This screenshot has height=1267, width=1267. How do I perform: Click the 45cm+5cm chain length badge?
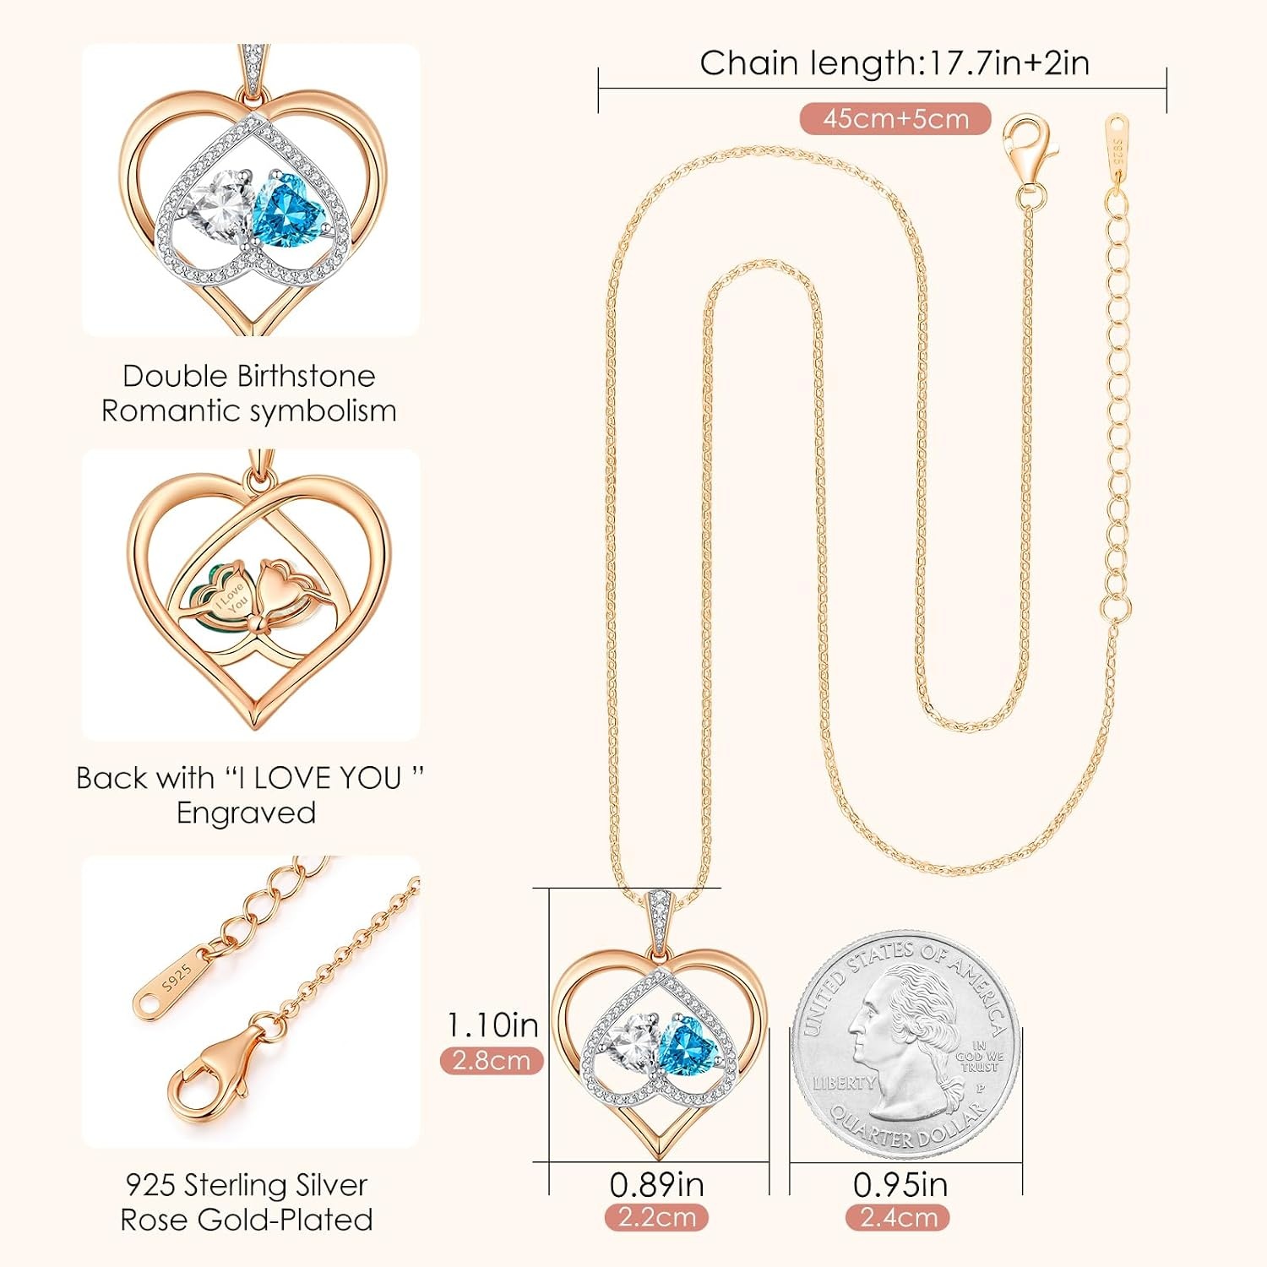coord(895,118)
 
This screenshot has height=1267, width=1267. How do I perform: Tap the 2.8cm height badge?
coord(492,1060)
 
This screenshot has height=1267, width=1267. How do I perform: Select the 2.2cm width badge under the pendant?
coord(656,1217)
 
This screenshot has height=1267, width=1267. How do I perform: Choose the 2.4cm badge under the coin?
coord(898,1217)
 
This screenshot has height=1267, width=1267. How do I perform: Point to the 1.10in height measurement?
coord(492,1025)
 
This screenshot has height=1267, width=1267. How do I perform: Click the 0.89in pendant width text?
coord(656,1184)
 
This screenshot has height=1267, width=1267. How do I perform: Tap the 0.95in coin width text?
coord(900,1184)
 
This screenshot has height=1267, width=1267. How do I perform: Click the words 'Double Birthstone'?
coord(248,376)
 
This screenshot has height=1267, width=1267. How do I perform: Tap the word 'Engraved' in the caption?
coord(246,813)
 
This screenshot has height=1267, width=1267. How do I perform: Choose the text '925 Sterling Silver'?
coord(247,1184)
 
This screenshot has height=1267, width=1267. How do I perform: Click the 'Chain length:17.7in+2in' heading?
coord(895,63)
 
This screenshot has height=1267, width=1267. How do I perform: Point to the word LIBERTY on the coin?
coord(844,1083)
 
